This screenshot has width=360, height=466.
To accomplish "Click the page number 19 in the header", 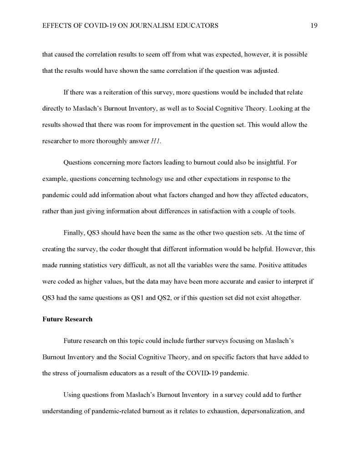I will [314, 26].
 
